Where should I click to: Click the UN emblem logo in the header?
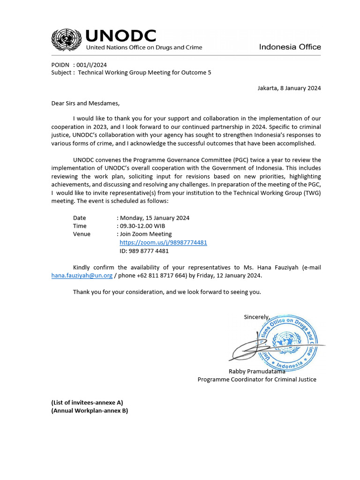pos(67,39)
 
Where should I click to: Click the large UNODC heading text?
pos(120,36)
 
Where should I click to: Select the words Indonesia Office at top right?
pos(290,47)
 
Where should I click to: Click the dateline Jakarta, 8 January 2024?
pos(289,88)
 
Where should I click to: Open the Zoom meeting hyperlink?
pos(163,242)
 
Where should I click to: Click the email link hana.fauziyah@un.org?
pos(82,275)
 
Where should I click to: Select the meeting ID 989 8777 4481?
pos(144,251)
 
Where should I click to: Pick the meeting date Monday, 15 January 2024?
pos(155,217)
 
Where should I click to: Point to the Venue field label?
pos(82,234)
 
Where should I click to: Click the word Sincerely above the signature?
pos(256,317)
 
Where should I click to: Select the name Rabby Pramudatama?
pos(257,371)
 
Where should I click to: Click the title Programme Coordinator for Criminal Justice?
pos(257,379)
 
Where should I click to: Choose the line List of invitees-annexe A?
pos(87,402)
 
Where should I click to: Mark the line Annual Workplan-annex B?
pos(90,411)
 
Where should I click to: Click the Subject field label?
pos(61,73)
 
